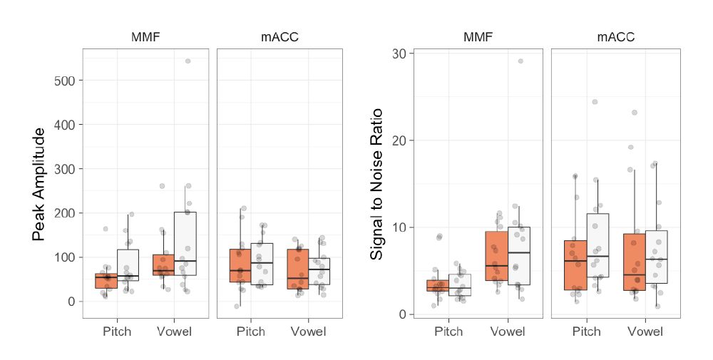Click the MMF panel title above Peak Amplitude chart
(145, 37)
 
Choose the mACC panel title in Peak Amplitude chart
(279, 37)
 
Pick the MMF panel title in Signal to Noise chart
(478, 37)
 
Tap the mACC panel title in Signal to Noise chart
(615, 37)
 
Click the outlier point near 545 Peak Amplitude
(188, 61)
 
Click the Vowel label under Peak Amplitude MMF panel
(175, 331)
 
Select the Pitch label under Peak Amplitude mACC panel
(250, 331)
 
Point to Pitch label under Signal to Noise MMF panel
(448, 331)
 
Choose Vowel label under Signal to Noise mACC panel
(645, 331)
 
